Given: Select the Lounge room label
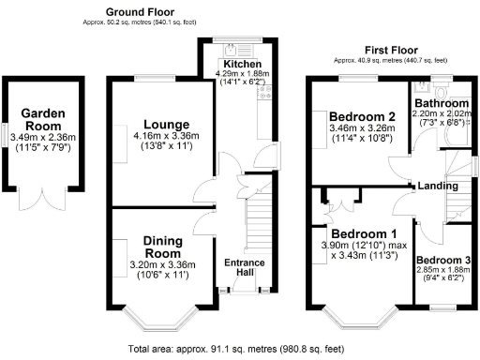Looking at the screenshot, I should click(156, 124).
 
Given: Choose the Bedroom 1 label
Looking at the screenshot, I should click(363, 233).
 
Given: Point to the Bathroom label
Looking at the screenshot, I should click(442, 103).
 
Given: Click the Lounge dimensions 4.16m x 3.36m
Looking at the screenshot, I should click(156, 136).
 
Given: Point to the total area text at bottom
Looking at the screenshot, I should click(239, 348).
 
